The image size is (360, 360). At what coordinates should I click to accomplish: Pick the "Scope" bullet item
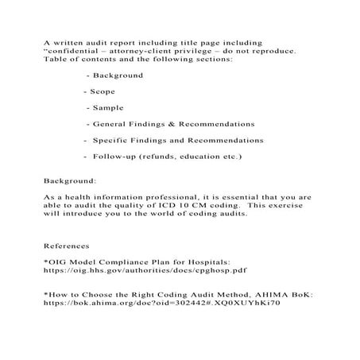coord(103,91)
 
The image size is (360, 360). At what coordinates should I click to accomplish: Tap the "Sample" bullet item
coord(108,107)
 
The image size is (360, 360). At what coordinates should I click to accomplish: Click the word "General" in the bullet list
coord(112,124)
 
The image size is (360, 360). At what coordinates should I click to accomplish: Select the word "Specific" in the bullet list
coord(113,140)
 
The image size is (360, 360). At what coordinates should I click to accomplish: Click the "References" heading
coord(67,246)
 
